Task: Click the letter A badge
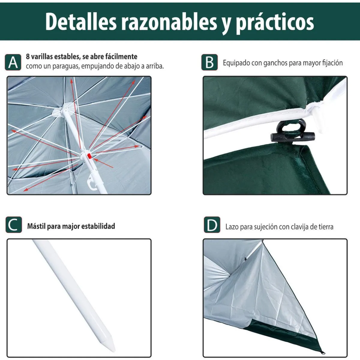[x=13, y=62]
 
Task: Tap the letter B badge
[x=209, y=62]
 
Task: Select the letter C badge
[x=14, y=225]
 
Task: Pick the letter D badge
[x=212, y=225]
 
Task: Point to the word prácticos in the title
[x=275, y=22]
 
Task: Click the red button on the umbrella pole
[x=89, y=156]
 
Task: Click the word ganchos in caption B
[x=275, y=63]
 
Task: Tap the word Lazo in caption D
[x=232, y=227]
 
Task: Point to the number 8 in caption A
[x=28, y=56]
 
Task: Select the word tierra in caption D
[x=325, y=227]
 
